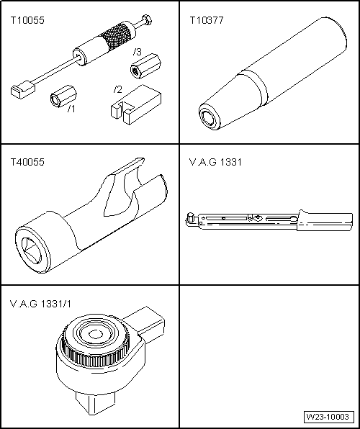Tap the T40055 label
point(27,162)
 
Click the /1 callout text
point(71,109)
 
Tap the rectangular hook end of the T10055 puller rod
point(21,90)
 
